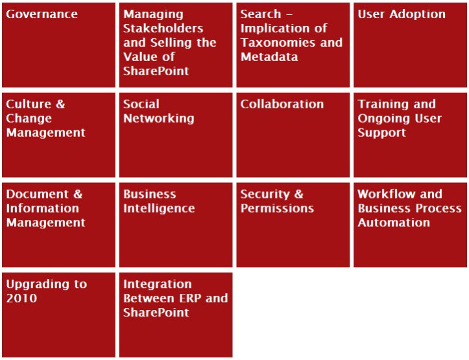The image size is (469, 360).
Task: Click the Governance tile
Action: tap(58, 45)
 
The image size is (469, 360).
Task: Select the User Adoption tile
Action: tap(410, 45)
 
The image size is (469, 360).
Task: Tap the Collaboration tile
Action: tap(293, 135)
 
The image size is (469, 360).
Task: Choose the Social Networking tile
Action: tap(176, 135)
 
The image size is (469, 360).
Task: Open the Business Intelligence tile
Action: tap(176, 225)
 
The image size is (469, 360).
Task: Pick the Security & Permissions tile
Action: tap(293, 225)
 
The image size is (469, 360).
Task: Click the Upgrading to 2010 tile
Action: tap(58, 315)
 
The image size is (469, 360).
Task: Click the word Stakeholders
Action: tap(163, 29)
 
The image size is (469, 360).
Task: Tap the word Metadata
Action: tap(269, 57)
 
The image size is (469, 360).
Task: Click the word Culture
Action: tap(29, 104)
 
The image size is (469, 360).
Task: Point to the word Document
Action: tap(38, 194)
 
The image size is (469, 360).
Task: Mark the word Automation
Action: tap(394, 222)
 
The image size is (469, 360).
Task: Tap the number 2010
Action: tap(21, 298)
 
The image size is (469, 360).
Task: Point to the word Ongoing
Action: tap(384, 119)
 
